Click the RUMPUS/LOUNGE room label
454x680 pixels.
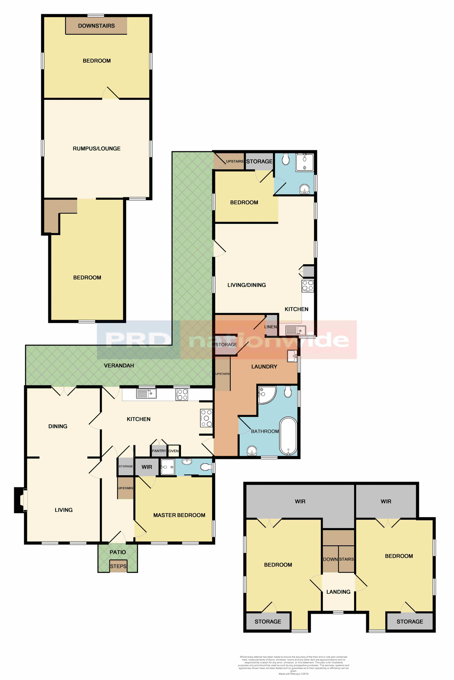[97, 149]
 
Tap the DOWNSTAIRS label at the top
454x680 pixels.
[96, 26]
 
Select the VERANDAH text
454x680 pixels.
[119, 365]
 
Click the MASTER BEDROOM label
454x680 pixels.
[179, 515]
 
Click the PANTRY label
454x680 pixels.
[159, 451]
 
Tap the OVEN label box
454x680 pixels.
[174, 451]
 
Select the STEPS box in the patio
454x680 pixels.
[118, 566]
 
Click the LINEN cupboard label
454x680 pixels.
[271, 327]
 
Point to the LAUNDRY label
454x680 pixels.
[264, 367]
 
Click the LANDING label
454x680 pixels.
[338, 592]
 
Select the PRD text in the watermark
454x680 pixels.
[138, 340]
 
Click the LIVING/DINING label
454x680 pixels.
[246, 285]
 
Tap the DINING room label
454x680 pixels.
[58, 426]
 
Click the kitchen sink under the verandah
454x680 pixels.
[146, 393]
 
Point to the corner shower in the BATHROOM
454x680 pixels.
[266, 395]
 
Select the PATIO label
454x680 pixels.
[118, 552]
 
